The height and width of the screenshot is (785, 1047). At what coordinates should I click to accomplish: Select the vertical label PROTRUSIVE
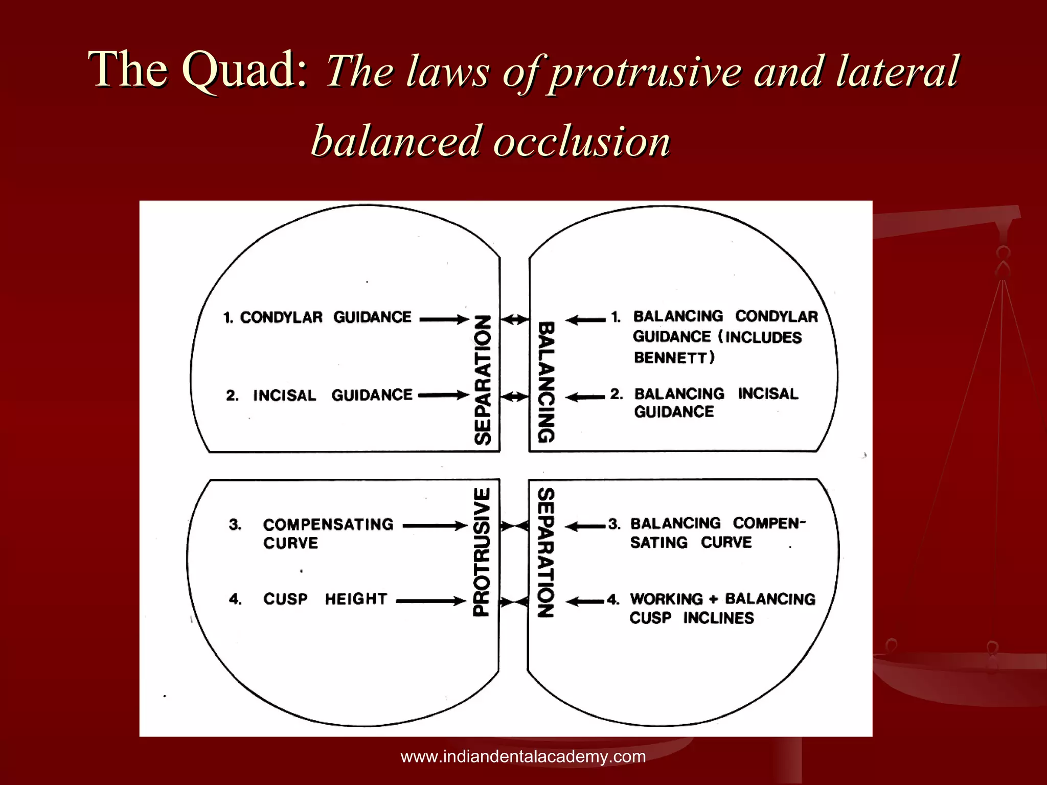pyautogui.click(x=482, y=552)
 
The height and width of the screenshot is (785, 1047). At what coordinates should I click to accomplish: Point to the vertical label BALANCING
pyautogui.click(x=546, y=382)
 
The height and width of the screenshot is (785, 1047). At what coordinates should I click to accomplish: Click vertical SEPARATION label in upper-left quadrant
pyautogui.click(x=482, y=380)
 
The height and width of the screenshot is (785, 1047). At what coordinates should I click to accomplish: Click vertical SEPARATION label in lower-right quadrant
pyautogui.click(x=546, y=552)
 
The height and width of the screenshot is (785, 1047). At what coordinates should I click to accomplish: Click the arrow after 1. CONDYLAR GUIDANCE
pyautogui.click(x=444, y=319)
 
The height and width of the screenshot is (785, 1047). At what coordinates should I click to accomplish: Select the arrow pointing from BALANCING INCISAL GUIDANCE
pyautogui.click(x=585, y=397)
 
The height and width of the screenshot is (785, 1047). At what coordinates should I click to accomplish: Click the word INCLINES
pyautogui.click(x=718, y=618)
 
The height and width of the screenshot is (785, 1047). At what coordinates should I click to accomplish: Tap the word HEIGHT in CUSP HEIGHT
pyautogui.click(x=356, y=598)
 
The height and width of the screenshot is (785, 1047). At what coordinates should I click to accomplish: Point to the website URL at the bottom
pyautogui.click(x=523, y=756)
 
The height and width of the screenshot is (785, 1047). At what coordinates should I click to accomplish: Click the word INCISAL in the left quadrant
pyautogui.click(x=285, y=396)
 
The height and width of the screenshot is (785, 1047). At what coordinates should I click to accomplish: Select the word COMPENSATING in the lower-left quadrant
pyautogui.click(x=328, y=524)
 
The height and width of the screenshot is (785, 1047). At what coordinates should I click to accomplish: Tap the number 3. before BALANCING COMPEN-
pyautogui.click(x=614, y=524)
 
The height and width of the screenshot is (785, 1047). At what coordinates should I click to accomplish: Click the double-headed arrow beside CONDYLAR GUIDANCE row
pyautogui.click(x=514, y=320)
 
